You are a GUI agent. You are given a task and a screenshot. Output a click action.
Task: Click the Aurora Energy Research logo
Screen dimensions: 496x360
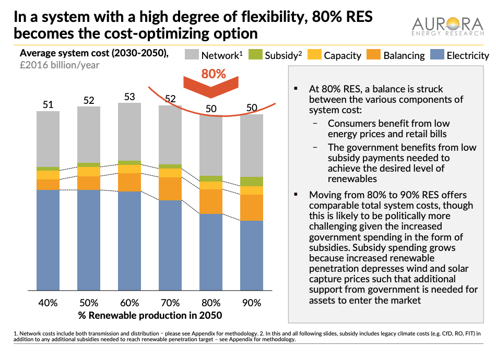(447, 27)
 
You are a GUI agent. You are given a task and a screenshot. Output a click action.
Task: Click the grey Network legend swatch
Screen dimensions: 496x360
(192, 54)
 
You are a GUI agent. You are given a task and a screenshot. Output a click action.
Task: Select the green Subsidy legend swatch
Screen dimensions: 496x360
(255, 54)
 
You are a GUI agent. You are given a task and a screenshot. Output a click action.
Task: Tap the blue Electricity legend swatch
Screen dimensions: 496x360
(437, 54)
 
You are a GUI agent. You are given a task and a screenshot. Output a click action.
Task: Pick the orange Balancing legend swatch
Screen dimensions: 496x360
(374, 54)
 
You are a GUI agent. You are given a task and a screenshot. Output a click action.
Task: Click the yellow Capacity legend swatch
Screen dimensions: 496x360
(314, 54)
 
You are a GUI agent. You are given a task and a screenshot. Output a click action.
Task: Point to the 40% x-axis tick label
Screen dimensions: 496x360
(48, 303)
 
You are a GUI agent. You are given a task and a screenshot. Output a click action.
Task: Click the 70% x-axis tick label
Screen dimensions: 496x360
(170, 303)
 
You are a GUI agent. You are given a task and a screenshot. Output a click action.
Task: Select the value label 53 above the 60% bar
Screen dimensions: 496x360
(129, 97)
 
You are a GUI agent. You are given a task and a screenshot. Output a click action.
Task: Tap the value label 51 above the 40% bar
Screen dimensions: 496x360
(48, 105)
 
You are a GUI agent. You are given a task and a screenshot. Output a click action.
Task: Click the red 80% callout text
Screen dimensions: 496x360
(214, 74)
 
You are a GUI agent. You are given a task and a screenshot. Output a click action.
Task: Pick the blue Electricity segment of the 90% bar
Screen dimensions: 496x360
(252, 255)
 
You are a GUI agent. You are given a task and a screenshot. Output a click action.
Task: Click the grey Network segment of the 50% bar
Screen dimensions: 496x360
(89, 135)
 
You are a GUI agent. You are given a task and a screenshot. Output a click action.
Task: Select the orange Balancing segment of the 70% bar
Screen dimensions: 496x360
(170, 189)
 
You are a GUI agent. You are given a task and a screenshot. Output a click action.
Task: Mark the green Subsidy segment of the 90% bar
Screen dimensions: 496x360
(252, 182)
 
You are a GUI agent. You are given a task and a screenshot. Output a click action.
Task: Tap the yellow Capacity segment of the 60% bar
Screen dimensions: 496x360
(129, 169)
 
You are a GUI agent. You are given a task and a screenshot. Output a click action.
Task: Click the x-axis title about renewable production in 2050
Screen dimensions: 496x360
(150, 316)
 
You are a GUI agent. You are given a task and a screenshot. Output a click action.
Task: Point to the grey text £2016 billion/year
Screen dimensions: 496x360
(60, 65)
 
